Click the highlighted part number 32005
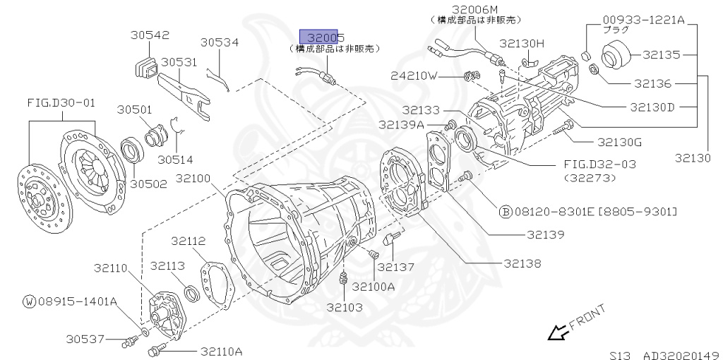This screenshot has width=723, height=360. tap(322, 37)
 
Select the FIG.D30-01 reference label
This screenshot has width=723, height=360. tap(61, 103)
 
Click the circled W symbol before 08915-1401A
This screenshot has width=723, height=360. tap(30, 302)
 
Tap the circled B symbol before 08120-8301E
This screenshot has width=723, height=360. tap(506, 211)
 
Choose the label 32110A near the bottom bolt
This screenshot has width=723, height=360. tap(221, 351)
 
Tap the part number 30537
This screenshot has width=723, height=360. tap(85, 340)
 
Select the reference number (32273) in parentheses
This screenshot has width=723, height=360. tap(589, 178)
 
